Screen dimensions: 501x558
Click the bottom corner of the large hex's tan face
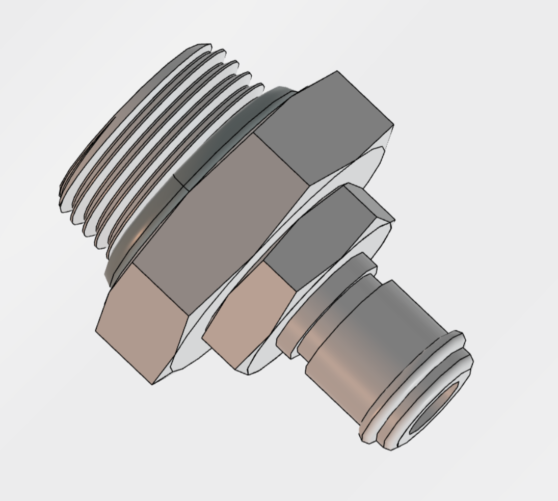point(152,384)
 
